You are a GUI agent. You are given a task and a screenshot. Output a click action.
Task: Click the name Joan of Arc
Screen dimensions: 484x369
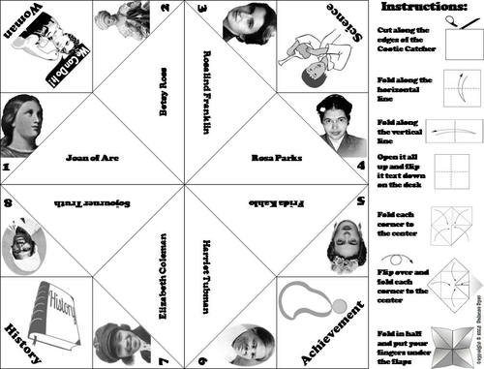tap(91, 155)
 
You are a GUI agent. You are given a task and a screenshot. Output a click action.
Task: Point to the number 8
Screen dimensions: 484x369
tap(8, 201)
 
